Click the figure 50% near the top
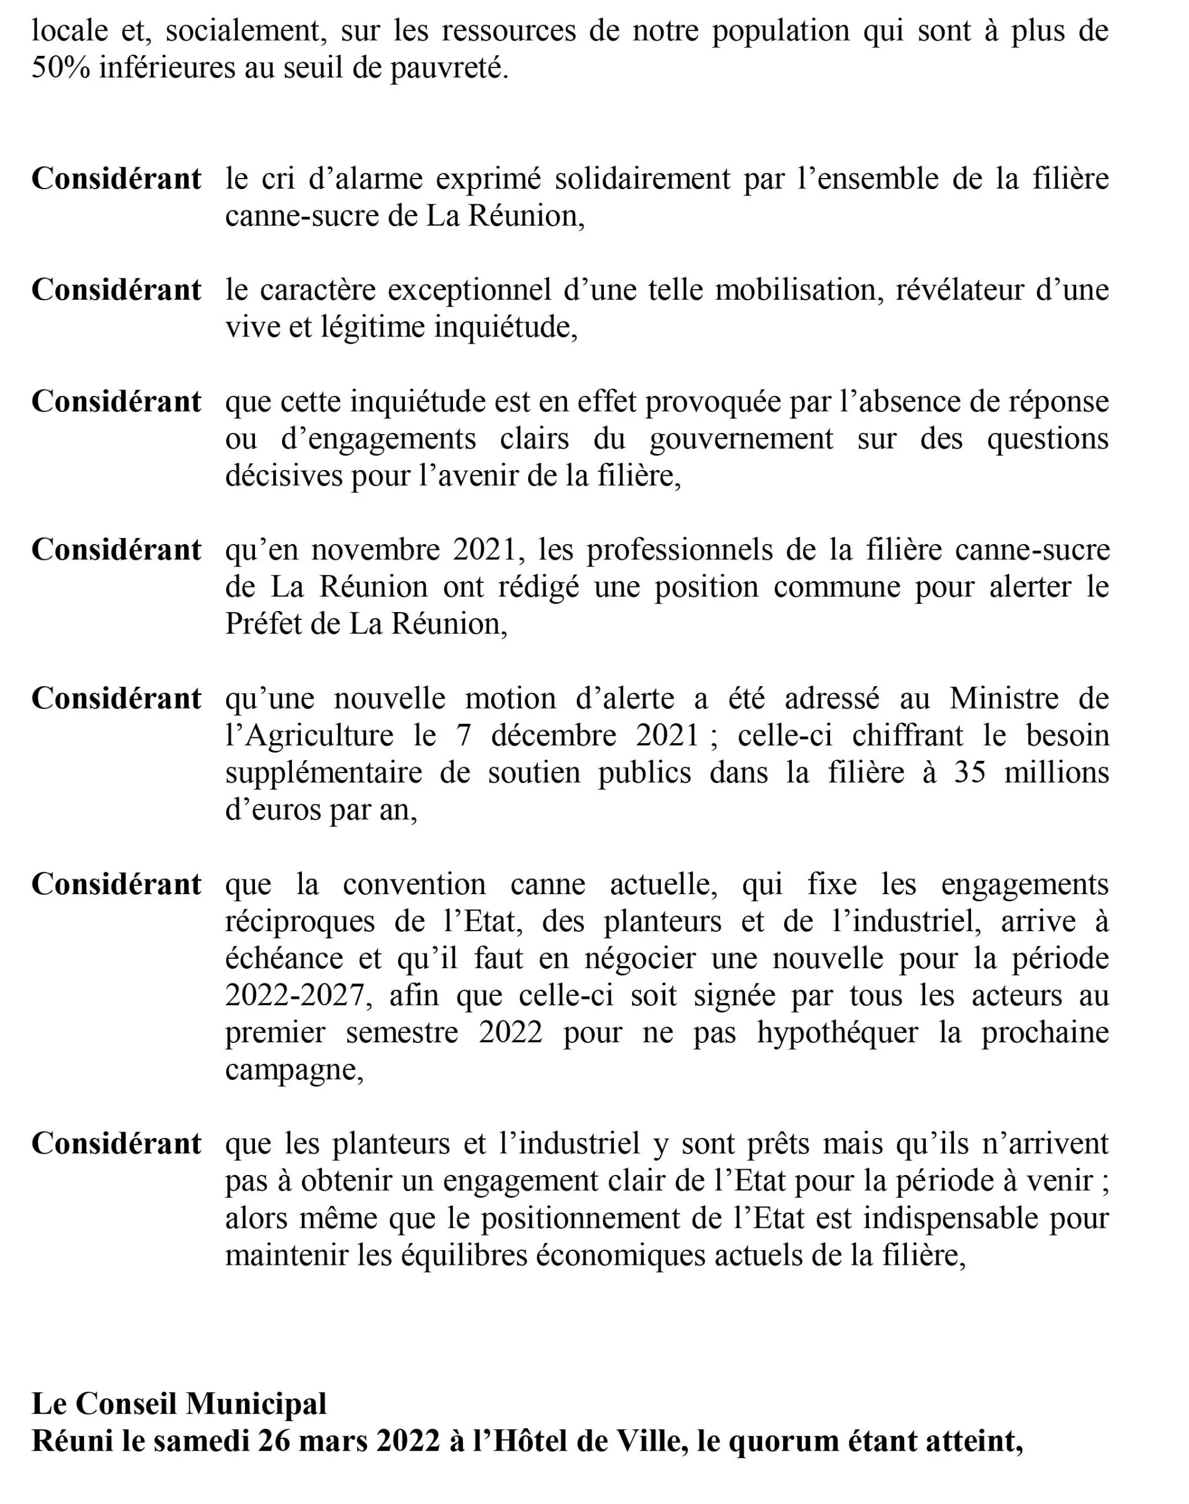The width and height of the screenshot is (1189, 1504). (x=61, y=68)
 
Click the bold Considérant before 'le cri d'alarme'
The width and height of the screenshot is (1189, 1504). (x=116, y=179)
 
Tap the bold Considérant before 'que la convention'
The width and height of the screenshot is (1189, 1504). (x=116, y=884)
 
